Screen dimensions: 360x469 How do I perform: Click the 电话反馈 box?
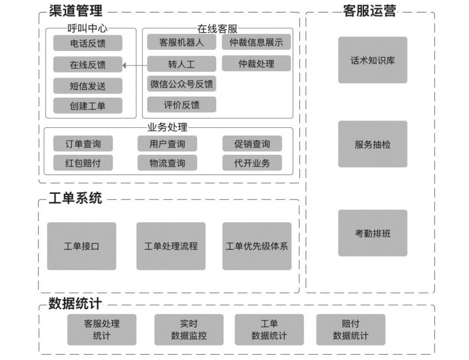(88, 43)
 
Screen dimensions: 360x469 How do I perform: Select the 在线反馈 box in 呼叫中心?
(88, 65)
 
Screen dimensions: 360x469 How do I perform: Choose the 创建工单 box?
(88, 106)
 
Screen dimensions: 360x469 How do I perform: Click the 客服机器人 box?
(181, 43)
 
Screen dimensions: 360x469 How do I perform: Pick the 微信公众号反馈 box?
(181, 84)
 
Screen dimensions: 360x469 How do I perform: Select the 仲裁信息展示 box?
(256, 43)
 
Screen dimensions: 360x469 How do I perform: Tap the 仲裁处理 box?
(256, 64)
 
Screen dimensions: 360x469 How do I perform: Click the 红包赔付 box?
(83, 163)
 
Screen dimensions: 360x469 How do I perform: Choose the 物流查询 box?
(167, 163)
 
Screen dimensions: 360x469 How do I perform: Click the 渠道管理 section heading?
(75, 10)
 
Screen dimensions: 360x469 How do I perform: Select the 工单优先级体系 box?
(257, 246)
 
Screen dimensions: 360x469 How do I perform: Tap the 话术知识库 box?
(373, 60)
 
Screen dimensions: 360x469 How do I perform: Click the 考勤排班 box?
(373, 233)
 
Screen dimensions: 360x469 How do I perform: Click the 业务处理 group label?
(167, 127)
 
